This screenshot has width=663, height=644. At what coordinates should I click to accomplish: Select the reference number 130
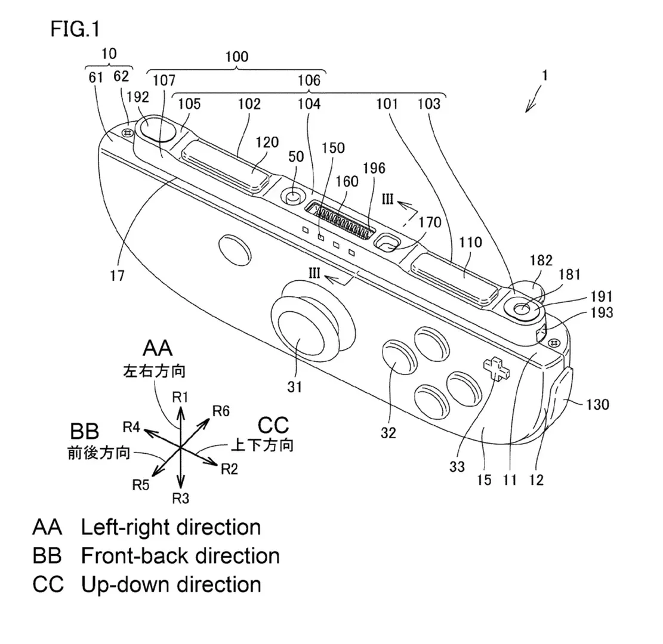597,405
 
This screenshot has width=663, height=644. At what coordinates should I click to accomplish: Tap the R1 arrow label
181,397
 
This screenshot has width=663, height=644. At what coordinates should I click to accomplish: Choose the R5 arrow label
141,484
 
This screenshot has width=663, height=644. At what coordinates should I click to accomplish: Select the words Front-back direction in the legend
180,556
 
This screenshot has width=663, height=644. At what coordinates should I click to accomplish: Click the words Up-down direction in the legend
171,584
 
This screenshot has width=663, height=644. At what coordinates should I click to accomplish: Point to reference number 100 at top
237,57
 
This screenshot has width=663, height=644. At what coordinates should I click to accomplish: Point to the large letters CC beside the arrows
273,425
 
